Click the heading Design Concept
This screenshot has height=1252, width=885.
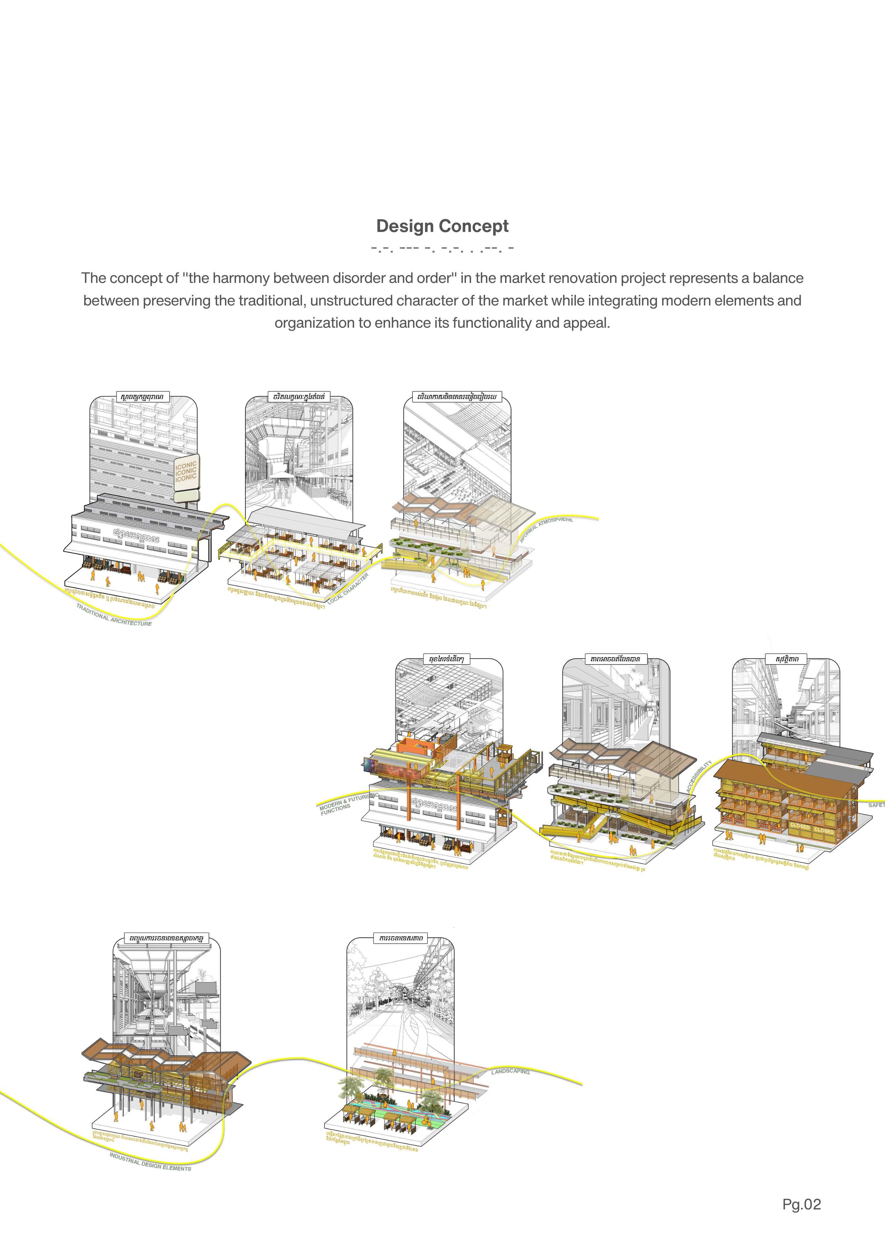(x=442, y=226)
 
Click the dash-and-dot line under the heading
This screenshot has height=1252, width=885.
(x=442, y=249)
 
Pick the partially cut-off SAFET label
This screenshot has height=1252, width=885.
(x=876, y=805)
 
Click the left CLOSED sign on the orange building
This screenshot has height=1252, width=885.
(x=799, y=826)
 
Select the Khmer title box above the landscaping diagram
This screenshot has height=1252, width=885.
(x=400, y=938)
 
